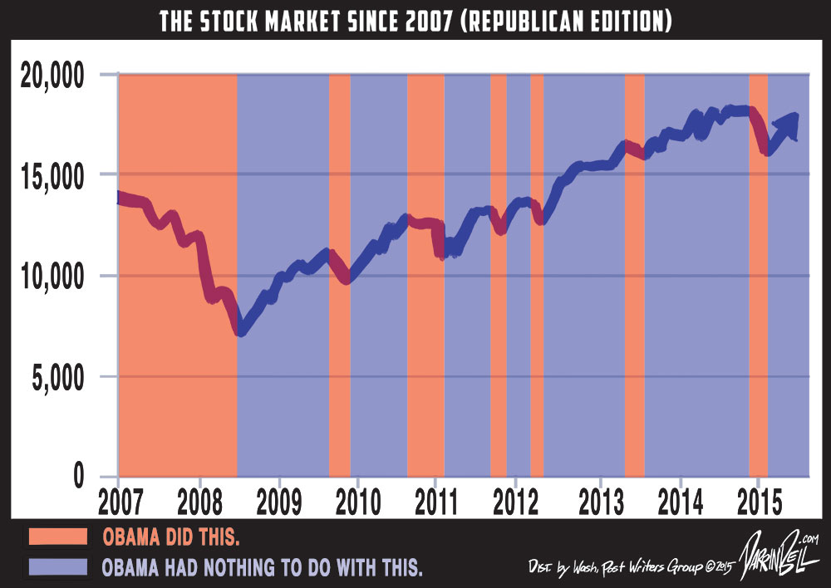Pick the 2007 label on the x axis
118,504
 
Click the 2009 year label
279,504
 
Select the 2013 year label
600,504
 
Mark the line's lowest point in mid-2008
240,332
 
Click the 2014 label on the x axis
681,504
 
